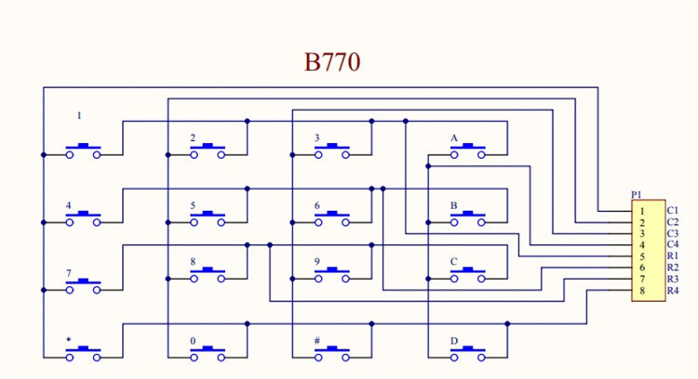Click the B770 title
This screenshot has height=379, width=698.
[x=332, y=62]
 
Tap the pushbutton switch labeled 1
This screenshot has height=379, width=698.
[x=84, y=150]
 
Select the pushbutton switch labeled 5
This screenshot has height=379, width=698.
[x=208, y=219]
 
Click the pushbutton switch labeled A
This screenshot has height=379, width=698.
[x=468, y=150]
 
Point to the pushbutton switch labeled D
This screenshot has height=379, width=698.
[x=468, y=352]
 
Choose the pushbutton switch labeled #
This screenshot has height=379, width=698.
[x=332, y=352]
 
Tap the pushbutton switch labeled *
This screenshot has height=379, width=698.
[x=84, y=352]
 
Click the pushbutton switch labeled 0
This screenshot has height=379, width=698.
[x=208, y=352]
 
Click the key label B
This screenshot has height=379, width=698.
[x=453, y=205]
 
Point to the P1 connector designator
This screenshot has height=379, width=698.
[x=637, y=194]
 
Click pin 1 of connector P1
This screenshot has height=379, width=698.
[x=641, y=212]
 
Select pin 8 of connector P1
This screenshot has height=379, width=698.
[x=641, y=292]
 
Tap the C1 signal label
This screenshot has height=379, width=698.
[x=673, y=211]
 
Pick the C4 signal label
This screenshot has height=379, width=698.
[x=673, y=244]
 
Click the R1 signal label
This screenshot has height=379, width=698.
[x=673, y=256]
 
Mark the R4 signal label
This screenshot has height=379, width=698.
[x=673, y=291]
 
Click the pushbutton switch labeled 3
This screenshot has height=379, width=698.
[x=332, y=150]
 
